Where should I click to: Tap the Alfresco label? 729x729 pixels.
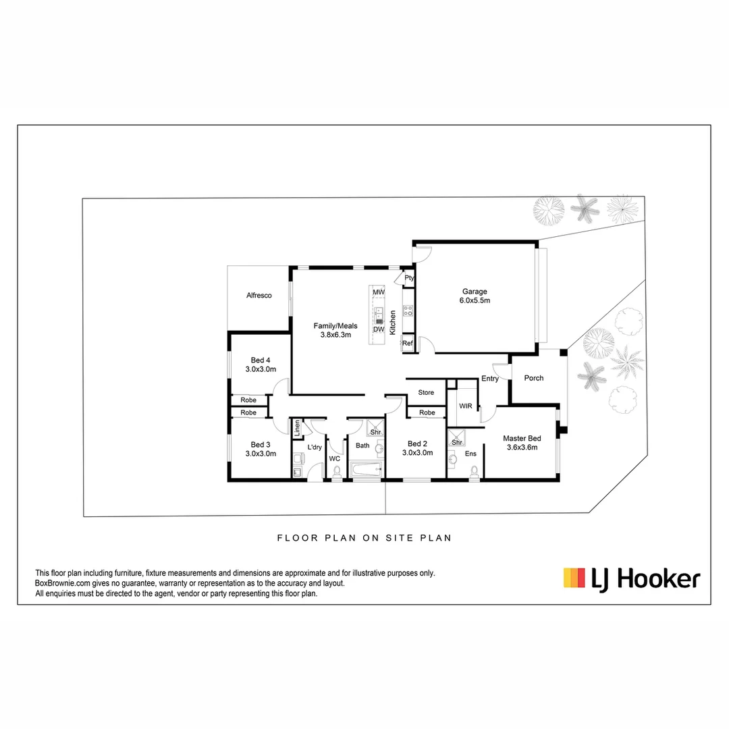point(259,295)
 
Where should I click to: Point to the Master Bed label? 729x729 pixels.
point(522,442)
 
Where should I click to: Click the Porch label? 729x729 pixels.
point(533,378)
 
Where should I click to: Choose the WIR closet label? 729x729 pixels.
point(465,406)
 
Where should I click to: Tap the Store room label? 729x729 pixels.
point(426,392)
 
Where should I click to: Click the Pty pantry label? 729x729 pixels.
point(409,277)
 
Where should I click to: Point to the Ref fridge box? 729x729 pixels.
point(408,343)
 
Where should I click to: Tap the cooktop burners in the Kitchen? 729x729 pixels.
point(408,311)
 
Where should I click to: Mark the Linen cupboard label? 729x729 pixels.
point(296,428)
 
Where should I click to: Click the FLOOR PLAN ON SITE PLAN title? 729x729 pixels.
point(364,538)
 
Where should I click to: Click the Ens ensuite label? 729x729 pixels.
point(470,454)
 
